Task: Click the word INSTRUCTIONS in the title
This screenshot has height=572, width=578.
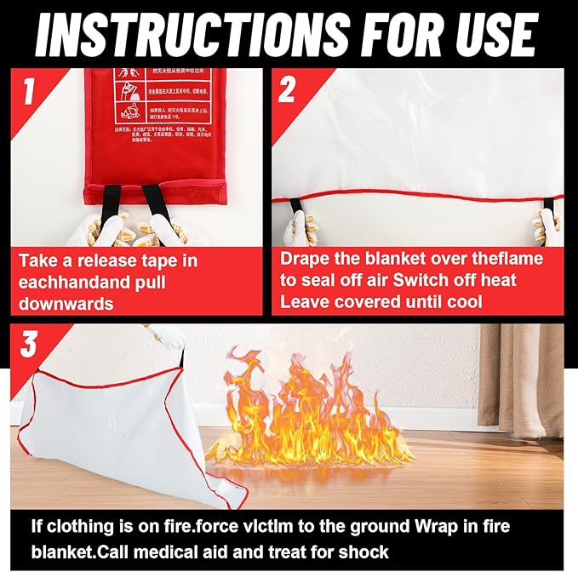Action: click(x=192, y=33)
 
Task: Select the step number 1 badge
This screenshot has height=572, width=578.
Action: click(x=29, y=90)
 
